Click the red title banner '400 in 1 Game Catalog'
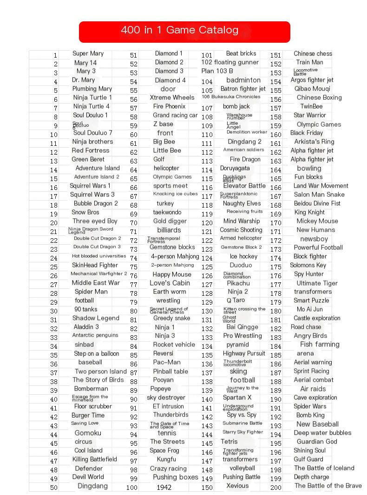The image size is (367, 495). [184, 31]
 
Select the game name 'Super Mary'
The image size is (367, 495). [88, 53]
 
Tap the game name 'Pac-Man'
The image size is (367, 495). [167, 362]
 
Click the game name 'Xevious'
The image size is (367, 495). [237, 486]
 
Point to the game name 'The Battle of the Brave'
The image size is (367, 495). [328, 486]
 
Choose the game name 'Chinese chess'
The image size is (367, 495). [313, 53]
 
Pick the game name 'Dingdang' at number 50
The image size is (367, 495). [92, 486]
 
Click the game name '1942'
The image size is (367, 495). [164, 488]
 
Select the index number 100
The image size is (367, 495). [132, 488]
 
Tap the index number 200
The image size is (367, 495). [276, 488]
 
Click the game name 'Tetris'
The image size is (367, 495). [229, 442]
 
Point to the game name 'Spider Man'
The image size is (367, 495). [91, 292]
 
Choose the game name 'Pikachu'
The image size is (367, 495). [238, 283]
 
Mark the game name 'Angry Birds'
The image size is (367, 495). [310, 336]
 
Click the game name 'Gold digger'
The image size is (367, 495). [170, 221]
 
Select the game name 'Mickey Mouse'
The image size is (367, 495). [317, 221]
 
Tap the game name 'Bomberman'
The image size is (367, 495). [91, 389]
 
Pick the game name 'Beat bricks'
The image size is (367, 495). [241, 53]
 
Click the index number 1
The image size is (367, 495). [55, 55]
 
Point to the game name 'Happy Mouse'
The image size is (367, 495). [172, 274]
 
